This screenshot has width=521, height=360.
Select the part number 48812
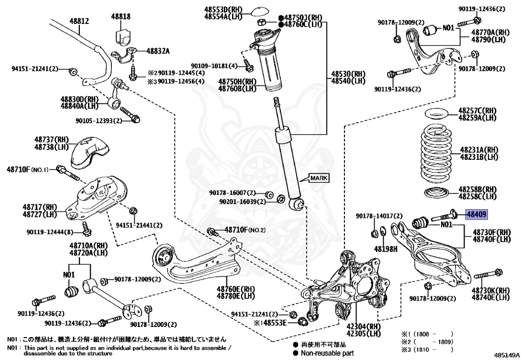79,21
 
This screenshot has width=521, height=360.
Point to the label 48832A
158,51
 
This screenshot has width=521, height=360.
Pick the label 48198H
385,250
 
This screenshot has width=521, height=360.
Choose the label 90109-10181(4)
214,66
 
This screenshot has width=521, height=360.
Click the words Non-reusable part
327,353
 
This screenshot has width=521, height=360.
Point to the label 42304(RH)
363,327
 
